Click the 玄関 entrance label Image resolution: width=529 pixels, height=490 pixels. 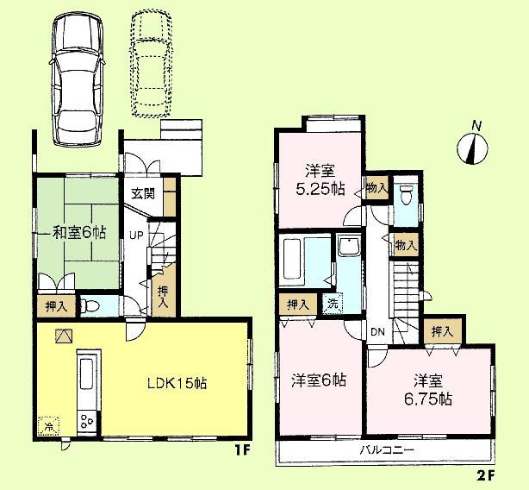(x=144, y=193)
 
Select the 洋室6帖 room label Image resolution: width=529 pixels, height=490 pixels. (x=319, y=380)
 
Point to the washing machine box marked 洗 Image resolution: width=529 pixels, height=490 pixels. (x=333, y=303)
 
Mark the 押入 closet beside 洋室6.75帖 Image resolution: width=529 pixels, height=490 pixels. (x=441, y=331)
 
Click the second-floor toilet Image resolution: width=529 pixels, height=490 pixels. (x=407, y=197)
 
